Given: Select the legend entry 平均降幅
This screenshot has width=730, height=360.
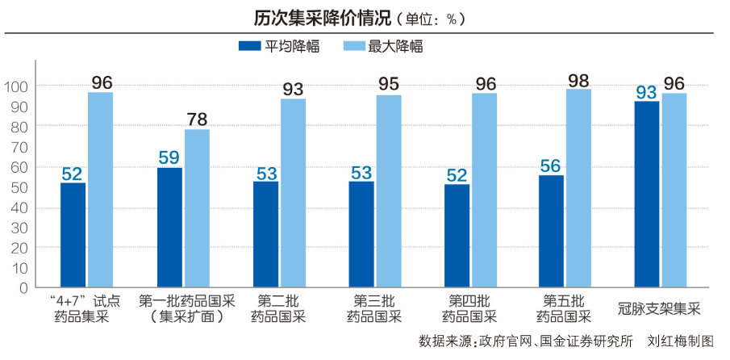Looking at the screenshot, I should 280,46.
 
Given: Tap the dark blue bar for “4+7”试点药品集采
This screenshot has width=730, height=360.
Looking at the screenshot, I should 73,235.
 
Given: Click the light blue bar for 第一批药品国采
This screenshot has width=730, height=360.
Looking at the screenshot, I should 197,208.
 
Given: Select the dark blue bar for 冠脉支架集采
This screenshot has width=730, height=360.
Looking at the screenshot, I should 647,194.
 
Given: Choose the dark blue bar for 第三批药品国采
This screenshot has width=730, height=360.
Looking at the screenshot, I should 361,234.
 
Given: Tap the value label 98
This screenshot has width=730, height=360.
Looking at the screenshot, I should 578,80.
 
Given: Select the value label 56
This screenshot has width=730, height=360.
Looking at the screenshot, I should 551,165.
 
